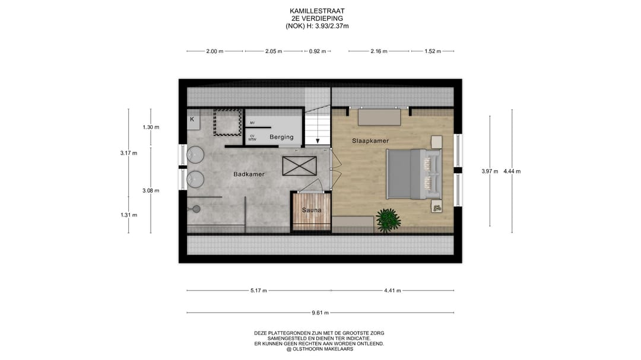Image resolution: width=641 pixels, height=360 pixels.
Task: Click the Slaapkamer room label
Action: [x=370, y=141]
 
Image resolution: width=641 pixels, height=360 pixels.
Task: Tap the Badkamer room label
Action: [x=249, y=174]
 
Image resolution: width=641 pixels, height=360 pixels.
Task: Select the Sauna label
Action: [x=312, y=210]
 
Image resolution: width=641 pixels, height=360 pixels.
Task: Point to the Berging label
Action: [x=281, y=137]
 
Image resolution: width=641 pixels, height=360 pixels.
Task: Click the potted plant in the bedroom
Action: [x=388, y=220]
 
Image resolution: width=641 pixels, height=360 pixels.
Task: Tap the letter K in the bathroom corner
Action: [x=192, y=119]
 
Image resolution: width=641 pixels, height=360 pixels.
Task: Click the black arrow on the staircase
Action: [x=318, y=141]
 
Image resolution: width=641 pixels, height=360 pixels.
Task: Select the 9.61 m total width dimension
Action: [x=320, y=313]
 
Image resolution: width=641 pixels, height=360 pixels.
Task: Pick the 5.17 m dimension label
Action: [x=259, y=291]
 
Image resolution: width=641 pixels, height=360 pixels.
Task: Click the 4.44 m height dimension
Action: [x=512, y=171]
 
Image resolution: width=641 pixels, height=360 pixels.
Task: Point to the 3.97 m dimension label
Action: [x=490, y=171]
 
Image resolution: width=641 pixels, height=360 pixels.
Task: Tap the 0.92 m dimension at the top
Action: [x=318, y=51]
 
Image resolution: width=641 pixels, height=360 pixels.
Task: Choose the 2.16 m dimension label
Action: [x=379, y=51]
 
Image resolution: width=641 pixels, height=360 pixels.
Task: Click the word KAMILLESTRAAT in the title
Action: [x=317, y=11]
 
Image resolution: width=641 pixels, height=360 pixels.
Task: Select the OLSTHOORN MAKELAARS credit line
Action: [x=319, y=349]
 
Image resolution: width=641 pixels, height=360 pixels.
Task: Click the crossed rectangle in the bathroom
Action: [x=299, y=166]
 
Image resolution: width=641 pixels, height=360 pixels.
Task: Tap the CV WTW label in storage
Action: [x=252, y=138]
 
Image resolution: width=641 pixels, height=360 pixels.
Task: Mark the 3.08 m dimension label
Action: [x=151, y=190]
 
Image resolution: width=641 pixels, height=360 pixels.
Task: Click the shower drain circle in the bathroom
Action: [x=196, y=209]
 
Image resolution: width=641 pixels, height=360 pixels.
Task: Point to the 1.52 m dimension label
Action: [x=433, y=51]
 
